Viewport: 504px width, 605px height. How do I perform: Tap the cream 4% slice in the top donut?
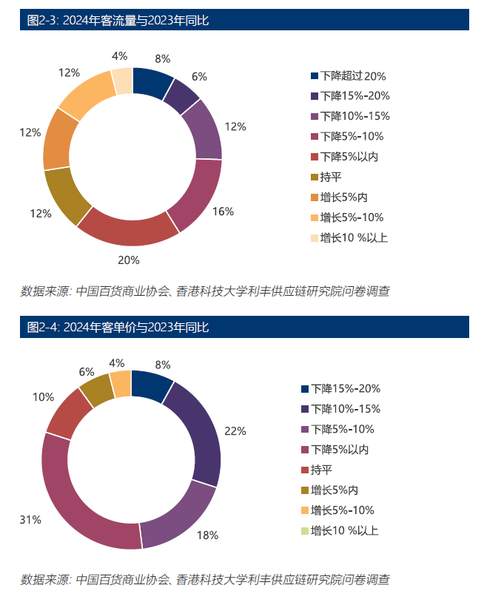pyautogui.click(x=122, y=80)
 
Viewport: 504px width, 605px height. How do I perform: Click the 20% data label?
pyautogui.click(x=129, y=260)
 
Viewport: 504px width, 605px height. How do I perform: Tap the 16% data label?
pyautogui.click(x=223, y=211)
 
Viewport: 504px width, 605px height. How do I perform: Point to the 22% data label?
pyautogui.click(x=235, y=431)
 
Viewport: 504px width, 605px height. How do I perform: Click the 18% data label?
pyautogui.click(x=207, y=535)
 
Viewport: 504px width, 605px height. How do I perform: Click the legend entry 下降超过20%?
pyautogui.click(x=348, y=75)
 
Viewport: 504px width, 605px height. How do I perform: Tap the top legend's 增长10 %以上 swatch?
pyautogui.click(x=315, y=237)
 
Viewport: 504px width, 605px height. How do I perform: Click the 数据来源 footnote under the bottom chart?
pyautogui.click(x=204, y=579)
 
